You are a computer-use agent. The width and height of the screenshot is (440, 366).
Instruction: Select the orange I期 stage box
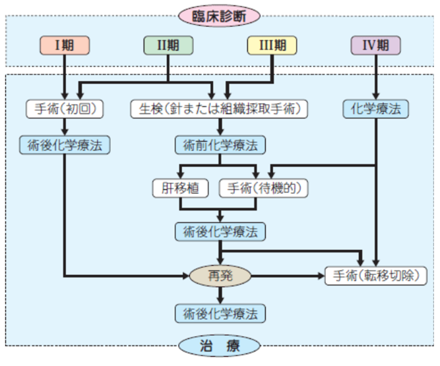(x=64, y=46)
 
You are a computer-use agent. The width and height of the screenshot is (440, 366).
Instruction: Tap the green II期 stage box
(x=168, y=46)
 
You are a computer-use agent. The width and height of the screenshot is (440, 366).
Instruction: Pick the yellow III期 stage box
(x=272, y=46)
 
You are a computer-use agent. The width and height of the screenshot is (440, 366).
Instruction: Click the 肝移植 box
(x=180, y=188)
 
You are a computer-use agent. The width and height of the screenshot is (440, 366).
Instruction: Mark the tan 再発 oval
(x=220, y=276)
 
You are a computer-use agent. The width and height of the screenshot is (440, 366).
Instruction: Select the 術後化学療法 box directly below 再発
(x=220, y=313)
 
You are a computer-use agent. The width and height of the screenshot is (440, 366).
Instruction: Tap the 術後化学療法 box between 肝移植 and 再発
(x=220, y=231)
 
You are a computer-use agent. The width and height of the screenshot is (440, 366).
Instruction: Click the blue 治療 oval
(x=219, y=346)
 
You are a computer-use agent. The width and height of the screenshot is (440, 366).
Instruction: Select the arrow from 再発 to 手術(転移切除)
(x=287, y=276)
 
